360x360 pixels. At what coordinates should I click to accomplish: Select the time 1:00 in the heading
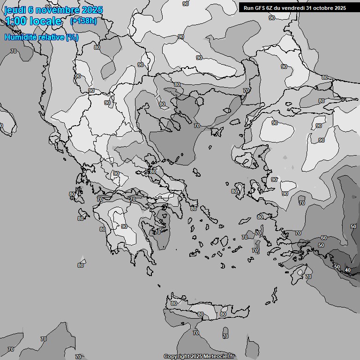click(x=15, y=21)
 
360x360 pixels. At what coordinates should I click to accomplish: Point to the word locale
click(x=45, y=21)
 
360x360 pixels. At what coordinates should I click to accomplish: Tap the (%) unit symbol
click(x=72, y=37)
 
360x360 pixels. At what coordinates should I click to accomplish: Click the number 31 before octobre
click(x=313, y=7)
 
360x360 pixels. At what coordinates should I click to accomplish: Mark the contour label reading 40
click(x=347, y=270)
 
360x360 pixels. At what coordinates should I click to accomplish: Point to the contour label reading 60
click(x=323, y=238)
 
